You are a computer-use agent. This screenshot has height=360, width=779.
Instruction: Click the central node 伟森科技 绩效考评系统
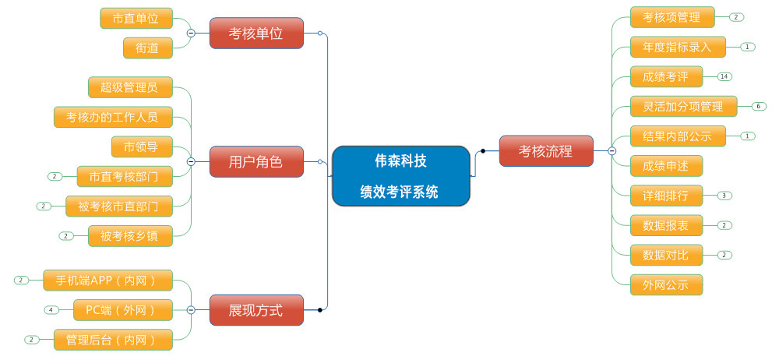tap(400, 176)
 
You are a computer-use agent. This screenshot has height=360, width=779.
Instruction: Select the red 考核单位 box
tap(256, 34)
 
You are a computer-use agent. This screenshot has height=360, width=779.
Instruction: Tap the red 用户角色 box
tap(256, 162)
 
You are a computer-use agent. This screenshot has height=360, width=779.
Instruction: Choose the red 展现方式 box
tap(256, 310)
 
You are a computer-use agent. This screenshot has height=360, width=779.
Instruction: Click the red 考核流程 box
tap(546, 151)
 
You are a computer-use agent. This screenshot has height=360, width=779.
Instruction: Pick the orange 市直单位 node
tap(136, 18)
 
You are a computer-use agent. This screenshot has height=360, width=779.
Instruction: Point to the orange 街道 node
tap(147, 48)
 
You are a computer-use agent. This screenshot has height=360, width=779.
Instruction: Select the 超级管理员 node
tap(129, 86)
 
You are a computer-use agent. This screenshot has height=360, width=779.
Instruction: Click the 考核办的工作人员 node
tap(112, 117)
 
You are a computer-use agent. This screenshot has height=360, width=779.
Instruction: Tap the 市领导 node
tap(141, 146)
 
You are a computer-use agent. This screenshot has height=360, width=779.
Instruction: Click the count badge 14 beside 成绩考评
tap(725, 76)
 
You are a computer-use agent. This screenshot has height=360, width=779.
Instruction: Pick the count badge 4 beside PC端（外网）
tap(51, 309)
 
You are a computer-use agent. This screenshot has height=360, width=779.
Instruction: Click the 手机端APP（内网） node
tap(108, 280)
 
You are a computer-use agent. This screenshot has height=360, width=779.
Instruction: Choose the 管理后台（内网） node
tap(112, 340)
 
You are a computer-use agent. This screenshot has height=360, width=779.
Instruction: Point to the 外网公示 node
tap(666, 284)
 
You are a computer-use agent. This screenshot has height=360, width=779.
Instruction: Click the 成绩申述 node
tap(666, 165)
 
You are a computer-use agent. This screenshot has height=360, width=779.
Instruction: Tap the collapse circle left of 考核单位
tap(191, 33)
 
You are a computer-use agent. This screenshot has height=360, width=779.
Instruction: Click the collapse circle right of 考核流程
tap(612, 151)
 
